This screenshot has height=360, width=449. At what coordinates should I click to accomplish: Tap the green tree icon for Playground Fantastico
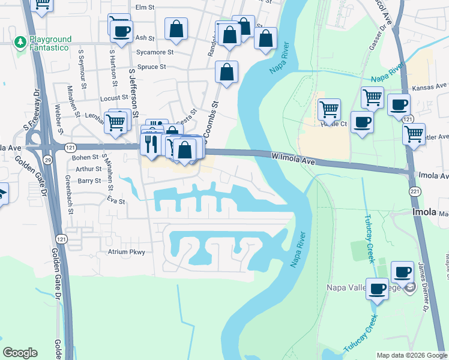(20, 42)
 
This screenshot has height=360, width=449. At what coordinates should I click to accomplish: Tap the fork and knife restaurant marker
(150, 143)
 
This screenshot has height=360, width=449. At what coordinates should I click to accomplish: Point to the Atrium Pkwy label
(127, 252)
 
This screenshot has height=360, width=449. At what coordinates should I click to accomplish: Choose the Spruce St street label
(151, 67)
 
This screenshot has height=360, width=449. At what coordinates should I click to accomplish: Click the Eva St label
(116, 202)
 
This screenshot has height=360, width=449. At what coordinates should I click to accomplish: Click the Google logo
(20, 353)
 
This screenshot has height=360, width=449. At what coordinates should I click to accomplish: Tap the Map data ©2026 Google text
(411, 355)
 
